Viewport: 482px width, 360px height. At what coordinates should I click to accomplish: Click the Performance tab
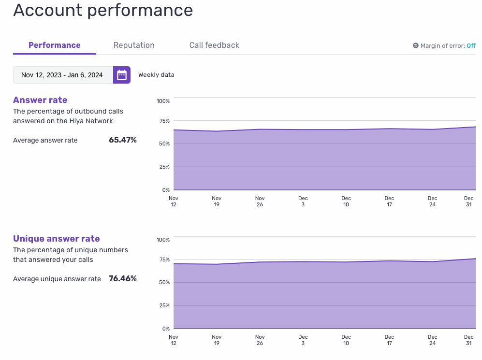pyautogui.click(x=55, y=45)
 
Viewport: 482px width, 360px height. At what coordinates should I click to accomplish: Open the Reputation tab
pyautogui.click(x=134, y=45)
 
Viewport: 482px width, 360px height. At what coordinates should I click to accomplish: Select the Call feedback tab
pyautogui.click(x=214, y=45)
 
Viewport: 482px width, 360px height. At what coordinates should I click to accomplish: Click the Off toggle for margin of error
pyautogui.click(x=471, y=46)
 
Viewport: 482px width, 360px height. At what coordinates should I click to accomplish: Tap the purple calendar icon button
pyautogui.click(x=122, y=75)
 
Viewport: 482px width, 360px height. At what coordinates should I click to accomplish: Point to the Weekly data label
pyautogui.click(x=156, y=74)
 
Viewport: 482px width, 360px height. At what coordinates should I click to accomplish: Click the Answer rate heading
pyautogui.click(x=40, y=100)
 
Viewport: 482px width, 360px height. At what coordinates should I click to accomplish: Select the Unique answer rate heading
pyautogui.click(x=56, y=239)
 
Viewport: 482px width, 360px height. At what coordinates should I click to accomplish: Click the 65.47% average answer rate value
pyautogui.click(x=123, y=140)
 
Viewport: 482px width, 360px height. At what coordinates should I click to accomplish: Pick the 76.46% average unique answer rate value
pyautogui.click(x=123, y=279)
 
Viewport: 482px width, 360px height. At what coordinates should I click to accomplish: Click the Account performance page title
pyautogui.click(x=103, y=10)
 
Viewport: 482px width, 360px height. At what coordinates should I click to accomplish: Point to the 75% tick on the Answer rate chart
pyautogui.click(x=164, y=121)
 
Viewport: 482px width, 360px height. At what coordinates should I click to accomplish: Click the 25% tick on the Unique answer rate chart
pyautogui.click(x=164, y=305)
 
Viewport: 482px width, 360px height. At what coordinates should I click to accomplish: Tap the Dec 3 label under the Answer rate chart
pyautogui.click(x=303, y=202)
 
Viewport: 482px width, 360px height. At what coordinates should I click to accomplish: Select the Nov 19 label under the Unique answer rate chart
pyautogui.click(x=217, y=340)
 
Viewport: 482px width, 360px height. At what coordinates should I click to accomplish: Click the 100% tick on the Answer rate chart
pyautogui.click(x=163, y=101)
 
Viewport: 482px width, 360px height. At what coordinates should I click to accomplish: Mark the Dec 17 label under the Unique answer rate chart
pyautogui.click(x=389, y=340)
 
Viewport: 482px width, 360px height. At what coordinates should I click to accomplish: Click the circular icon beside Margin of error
pyautogui.click(x=416, y=45)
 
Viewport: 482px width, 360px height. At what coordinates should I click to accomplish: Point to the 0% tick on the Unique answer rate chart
pyautogui.click(x=166, y=329)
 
